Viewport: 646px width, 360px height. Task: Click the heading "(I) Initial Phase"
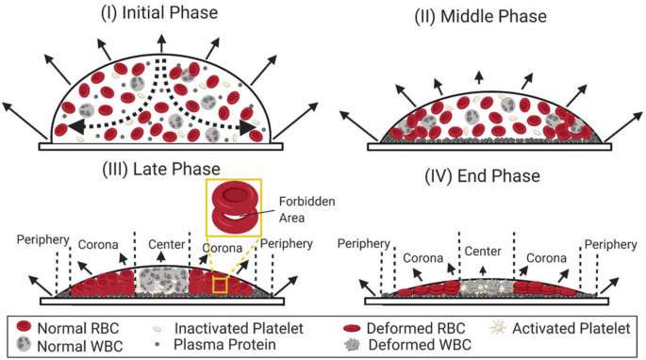162,12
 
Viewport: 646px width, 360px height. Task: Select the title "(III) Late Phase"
162,169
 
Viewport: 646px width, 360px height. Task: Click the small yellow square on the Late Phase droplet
220,286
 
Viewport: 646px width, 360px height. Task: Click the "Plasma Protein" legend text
207,344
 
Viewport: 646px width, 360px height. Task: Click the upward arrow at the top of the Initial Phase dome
163,42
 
